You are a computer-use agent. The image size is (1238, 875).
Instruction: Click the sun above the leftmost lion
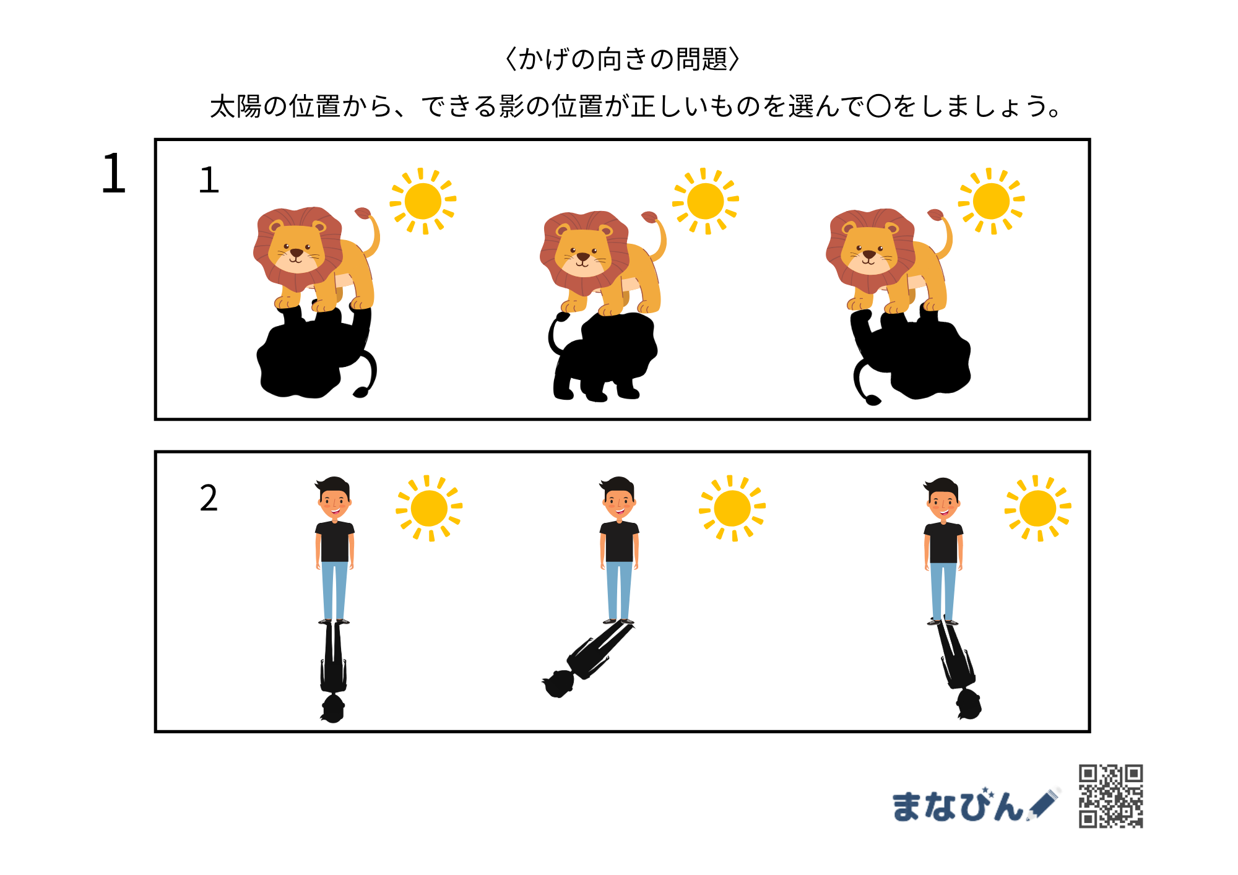point(423,201)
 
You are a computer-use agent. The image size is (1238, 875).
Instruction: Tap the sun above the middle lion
point(706,201)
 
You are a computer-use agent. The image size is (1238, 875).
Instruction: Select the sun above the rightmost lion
point(991,201)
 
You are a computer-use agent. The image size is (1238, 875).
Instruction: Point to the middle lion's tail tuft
point(649,217)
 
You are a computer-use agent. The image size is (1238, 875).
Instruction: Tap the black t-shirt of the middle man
point(619,541)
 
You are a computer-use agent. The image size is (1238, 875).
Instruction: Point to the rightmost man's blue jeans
point(943,591)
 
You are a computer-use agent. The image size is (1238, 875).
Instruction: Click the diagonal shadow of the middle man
point(588,659)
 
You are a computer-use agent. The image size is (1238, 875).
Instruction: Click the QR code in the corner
point(1111,796)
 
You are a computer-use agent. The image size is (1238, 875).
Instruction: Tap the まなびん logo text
point(958,806)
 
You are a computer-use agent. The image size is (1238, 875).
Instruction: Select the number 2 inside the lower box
point(209,498)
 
